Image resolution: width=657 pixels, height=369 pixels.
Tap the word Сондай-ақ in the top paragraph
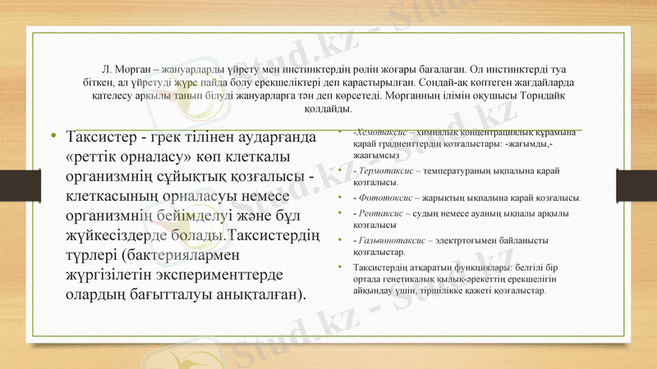441,83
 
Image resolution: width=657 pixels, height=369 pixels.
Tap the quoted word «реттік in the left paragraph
99,155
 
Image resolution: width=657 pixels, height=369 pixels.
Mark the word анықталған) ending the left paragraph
254,293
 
